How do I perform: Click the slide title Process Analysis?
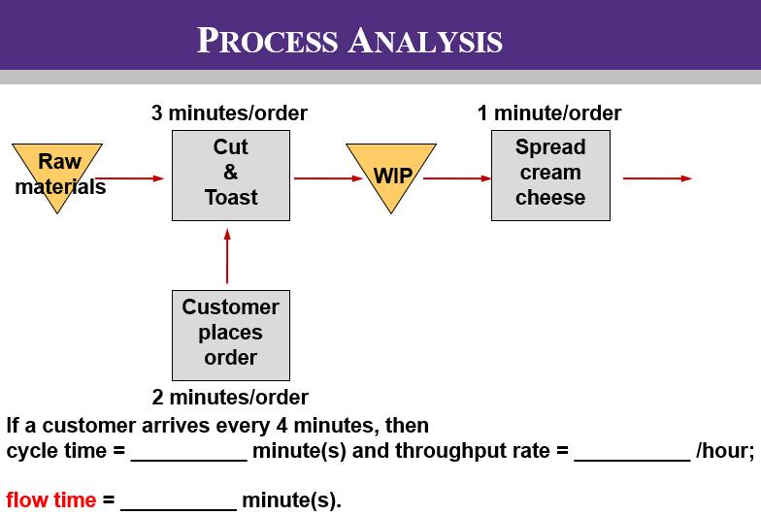(x=349, y=41)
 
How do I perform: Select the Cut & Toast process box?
(x=230, y=175)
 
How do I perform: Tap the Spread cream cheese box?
(x=550, y=175)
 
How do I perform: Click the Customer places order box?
(x=230, y=335)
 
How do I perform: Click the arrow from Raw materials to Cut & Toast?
(x=130, y=178)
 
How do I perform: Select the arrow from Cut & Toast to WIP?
(x=328, y=178)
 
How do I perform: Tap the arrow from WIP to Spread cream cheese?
(x=457, y=178)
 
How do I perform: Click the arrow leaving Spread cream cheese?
(x=657, y=178)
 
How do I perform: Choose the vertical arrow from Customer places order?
(x=227, y=256)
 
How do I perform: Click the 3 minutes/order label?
(x=229, y=113)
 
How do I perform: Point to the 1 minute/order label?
(x=549, y=113)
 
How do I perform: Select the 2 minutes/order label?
(x=230, y=398)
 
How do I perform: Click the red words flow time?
(x=51, y=500)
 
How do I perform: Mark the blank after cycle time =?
(x=188, y=454)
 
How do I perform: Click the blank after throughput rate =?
(x=631, y=454)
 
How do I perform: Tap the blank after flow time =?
(x=179, y=502)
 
